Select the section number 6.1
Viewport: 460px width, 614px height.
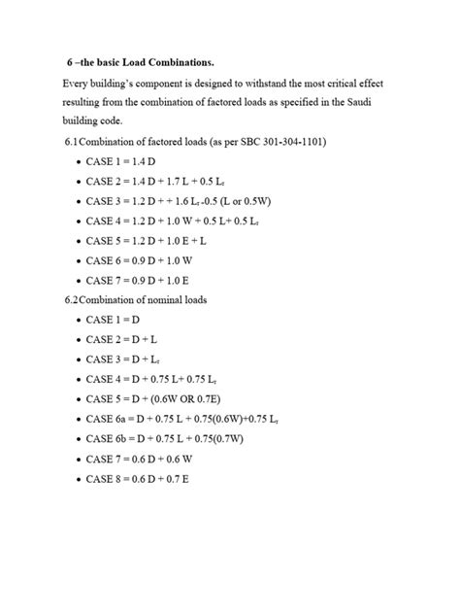(70, 142)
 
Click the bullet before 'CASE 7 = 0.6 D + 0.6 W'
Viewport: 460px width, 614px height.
(77, 459)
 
